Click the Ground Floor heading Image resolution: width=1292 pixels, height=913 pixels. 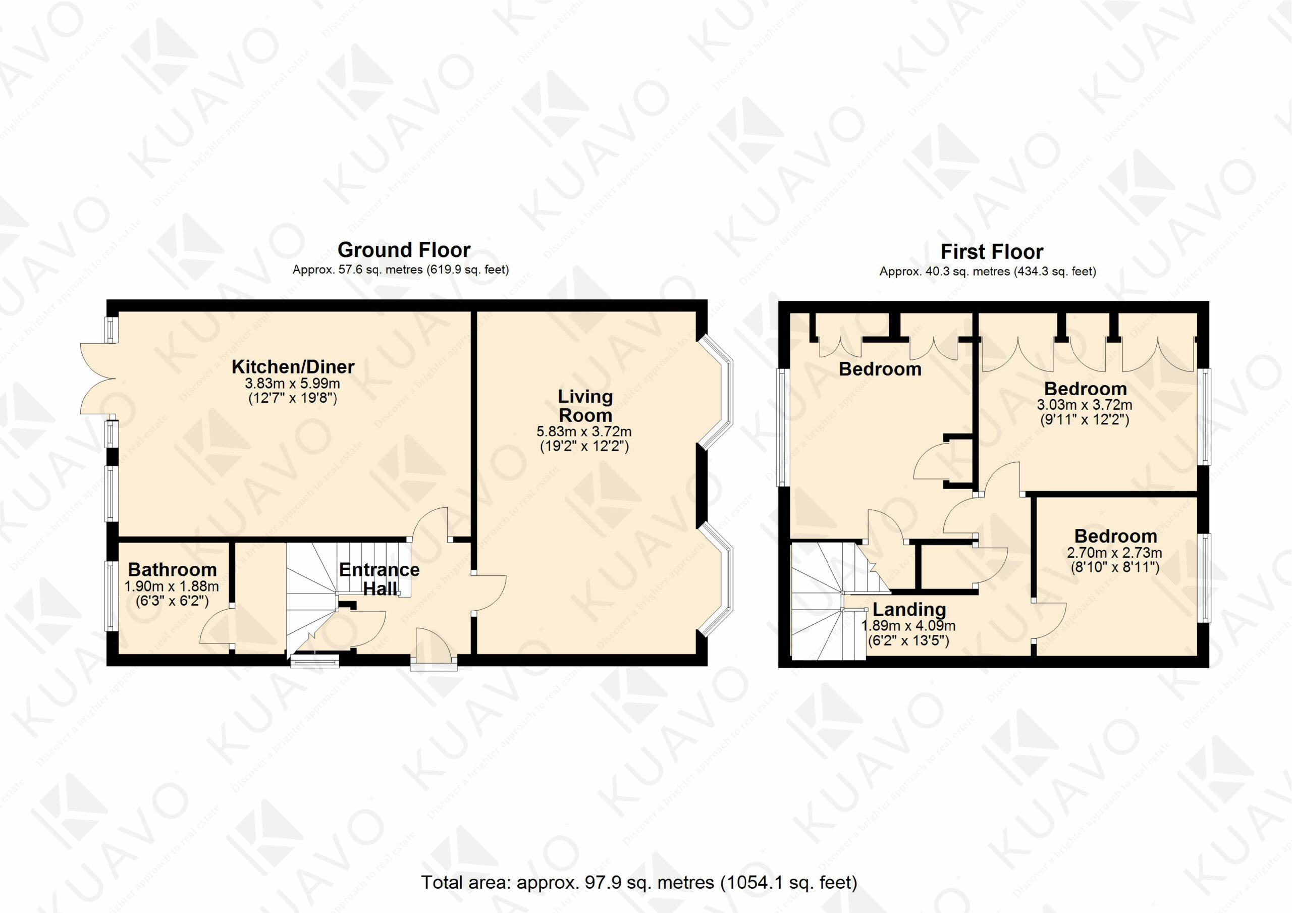pyautogui.click(x=404, y=249)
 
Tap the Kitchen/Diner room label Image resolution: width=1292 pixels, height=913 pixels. pyautogui.click(x=293, y=367)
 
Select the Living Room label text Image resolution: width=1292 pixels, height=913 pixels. pyautogui.click(x=585, y=406)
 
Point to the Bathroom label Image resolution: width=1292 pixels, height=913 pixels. pyautogui.click(x=172, y=570)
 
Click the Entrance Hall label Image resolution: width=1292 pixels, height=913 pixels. pyautogui.click(x=379, y=579)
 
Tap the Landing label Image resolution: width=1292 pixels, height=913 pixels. pyautogui.click(x=909, y=610)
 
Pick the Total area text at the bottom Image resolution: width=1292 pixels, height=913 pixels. pyautogui.click(x=639, y=882)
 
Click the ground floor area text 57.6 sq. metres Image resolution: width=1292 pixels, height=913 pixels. pyautogui.click(x=381, y=270)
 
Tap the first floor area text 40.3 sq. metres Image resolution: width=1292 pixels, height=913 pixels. pyautogui.click(x=967, y=272)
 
